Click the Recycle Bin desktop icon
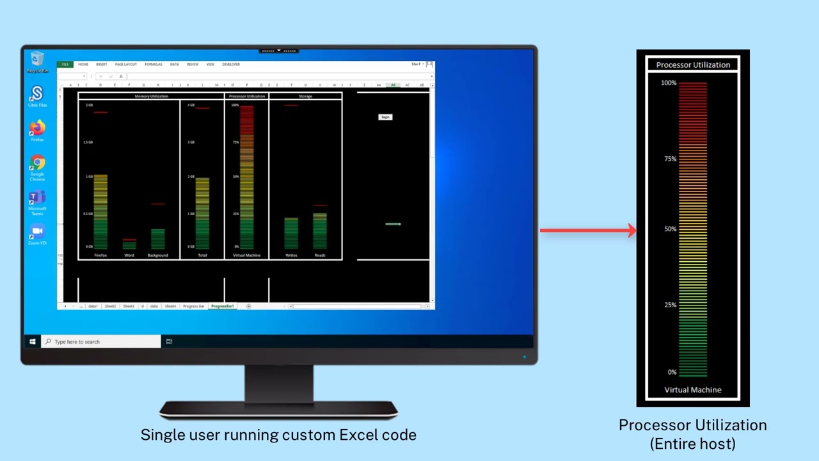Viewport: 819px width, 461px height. point(37,60)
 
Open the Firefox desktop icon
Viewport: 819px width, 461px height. point(37,129)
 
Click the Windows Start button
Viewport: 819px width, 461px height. point(32,342)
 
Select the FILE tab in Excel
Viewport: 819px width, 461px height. point(65,65)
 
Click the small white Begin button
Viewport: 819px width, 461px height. point(385,117)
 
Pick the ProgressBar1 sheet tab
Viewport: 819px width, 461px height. point(223,306)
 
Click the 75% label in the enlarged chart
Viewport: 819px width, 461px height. point(669,159)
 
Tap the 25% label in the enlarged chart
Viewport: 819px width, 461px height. point(669,305)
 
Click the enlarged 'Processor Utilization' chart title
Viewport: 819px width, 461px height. point(693,65)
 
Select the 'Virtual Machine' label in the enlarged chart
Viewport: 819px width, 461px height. point(692,390)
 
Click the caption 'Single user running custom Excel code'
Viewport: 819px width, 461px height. point(278,435)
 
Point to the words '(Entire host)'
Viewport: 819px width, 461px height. point(692,443)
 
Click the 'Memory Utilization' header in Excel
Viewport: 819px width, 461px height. point(151,96)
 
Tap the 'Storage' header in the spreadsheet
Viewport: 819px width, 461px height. point(305,96)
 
